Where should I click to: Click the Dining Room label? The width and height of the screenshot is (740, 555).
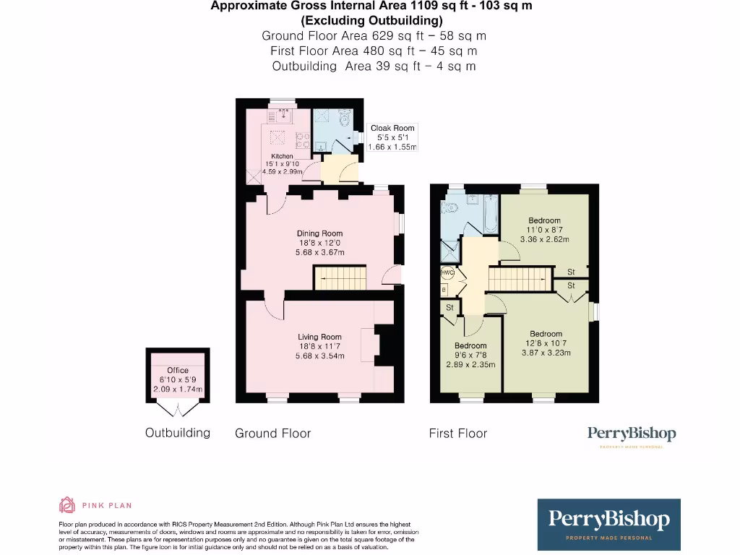tap(319, 233)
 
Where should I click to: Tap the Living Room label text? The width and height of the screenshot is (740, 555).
tap(319, 337)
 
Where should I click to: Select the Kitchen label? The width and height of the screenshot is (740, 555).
tap(282, 156)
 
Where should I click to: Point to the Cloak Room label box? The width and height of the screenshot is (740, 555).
tap(392, 137)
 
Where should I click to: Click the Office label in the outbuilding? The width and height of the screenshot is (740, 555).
tap(178, 370)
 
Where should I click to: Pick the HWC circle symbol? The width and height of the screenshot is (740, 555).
tap(447, 273)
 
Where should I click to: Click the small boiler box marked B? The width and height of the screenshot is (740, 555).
tap(444, 289)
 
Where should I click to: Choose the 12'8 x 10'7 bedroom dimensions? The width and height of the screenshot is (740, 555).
tap(546, 353)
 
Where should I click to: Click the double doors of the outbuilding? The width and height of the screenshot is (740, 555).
tap(178, 410)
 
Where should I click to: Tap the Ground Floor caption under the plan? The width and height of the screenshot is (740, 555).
tap(272, 434)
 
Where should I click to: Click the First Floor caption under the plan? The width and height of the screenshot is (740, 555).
tap(457, 434)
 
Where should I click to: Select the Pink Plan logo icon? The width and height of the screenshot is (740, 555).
tap(66, 504)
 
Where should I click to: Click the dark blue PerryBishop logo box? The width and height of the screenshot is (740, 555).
tap(608, 525)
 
